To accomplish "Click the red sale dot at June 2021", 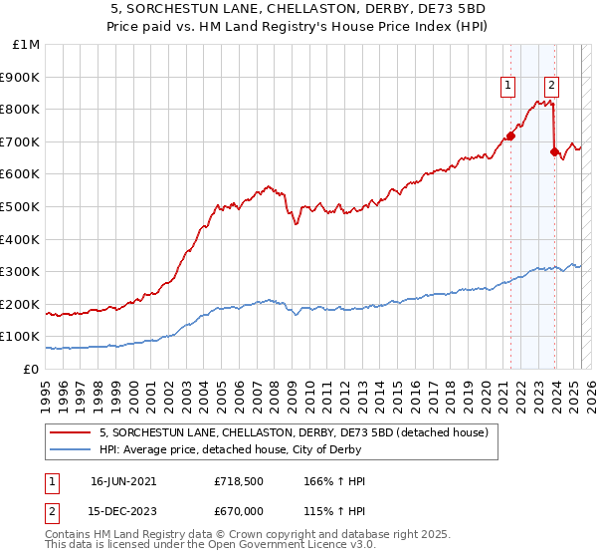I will (510, 136).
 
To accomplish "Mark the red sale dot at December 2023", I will (554, 151).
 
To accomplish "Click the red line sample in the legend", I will (72, 432).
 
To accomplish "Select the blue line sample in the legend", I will (72, 449).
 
